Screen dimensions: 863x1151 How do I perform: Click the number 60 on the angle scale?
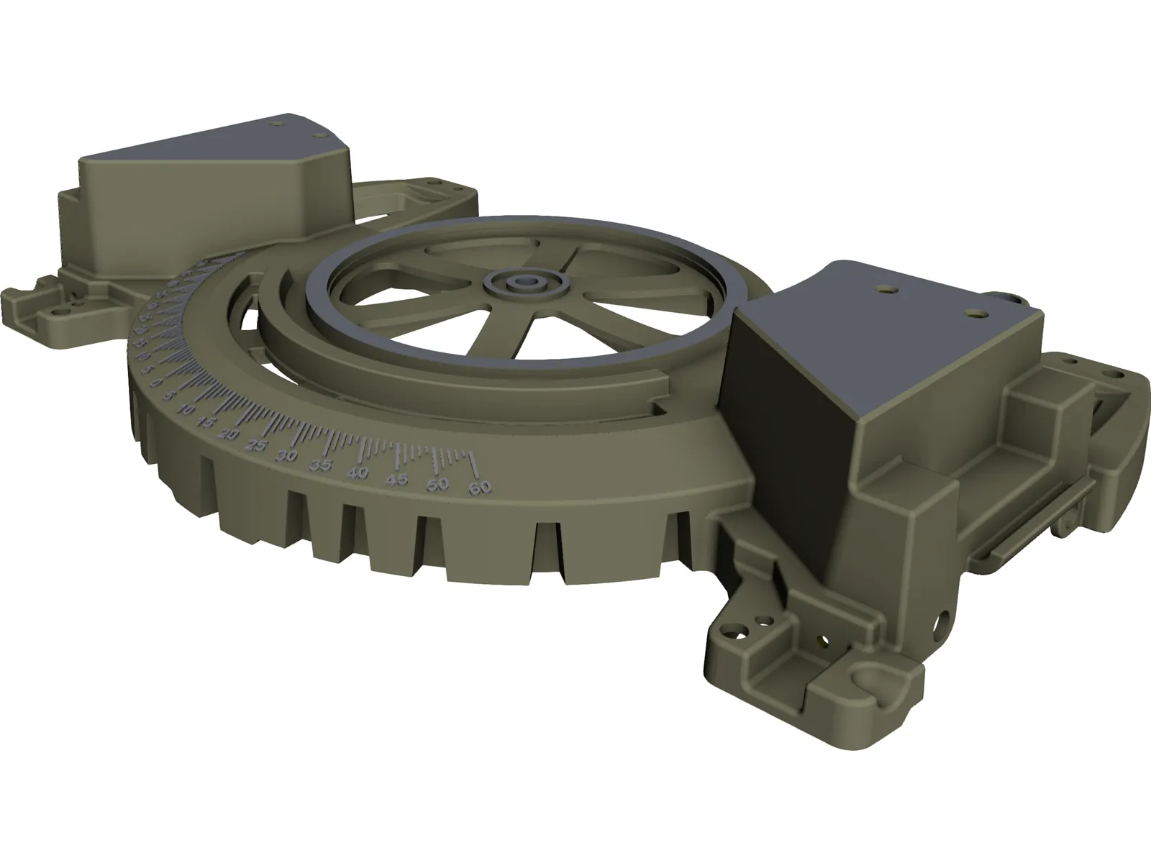pyautogui.click(x=480, y=488)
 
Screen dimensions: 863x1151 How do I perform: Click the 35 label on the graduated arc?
pyautogui.click(x=321, y=465)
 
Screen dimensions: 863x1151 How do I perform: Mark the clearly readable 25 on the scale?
pyautogui.click(x=255, y=445)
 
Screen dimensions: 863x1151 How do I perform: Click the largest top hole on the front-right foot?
pyautogui.click(x=735, y=632)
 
